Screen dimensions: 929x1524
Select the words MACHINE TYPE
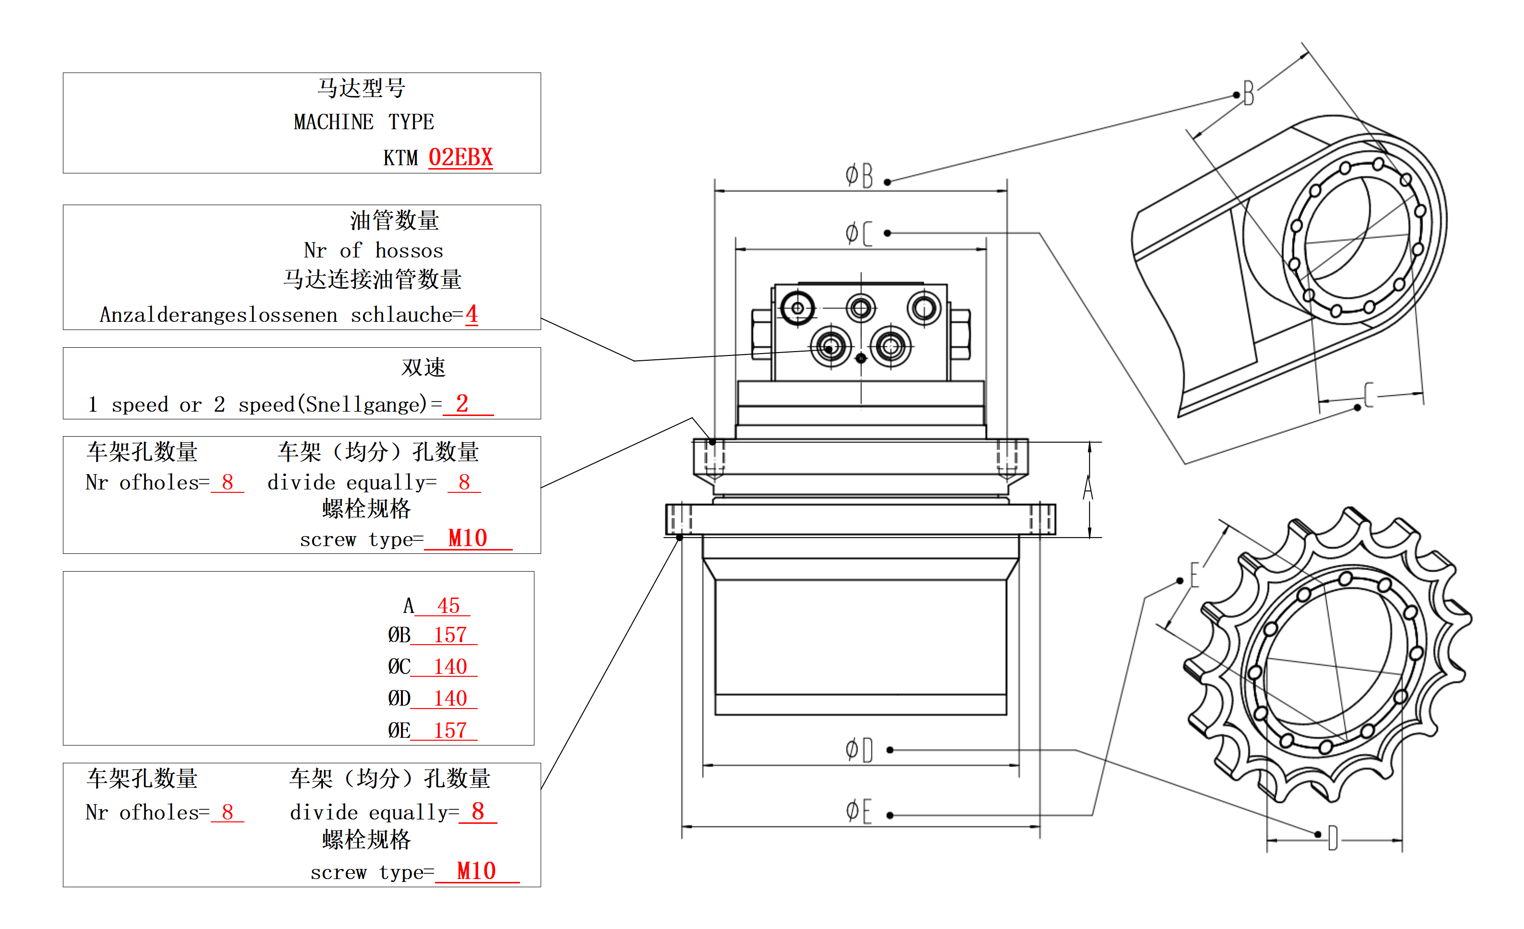pos(363,122)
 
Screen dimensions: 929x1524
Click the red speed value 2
pos(462,403)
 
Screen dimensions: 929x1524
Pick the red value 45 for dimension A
pos(448,605)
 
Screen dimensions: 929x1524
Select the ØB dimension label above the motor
pos(859,176)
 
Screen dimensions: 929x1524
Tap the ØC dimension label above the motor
pos(859,233)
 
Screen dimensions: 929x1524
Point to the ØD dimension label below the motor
pos(859,750)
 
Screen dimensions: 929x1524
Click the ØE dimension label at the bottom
pos(859,811)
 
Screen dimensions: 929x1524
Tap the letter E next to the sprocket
pos(1194,575)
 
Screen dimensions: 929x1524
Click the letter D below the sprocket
pos(1333,839)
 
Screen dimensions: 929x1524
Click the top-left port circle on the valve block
pos(797,307)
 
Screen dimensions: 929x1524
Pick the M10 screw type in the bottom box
pos(476,871)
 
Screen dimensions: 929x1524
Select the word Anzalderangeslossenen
pos(218,315)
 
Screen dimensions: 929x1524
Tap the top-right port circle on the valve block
pos(923,307)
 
